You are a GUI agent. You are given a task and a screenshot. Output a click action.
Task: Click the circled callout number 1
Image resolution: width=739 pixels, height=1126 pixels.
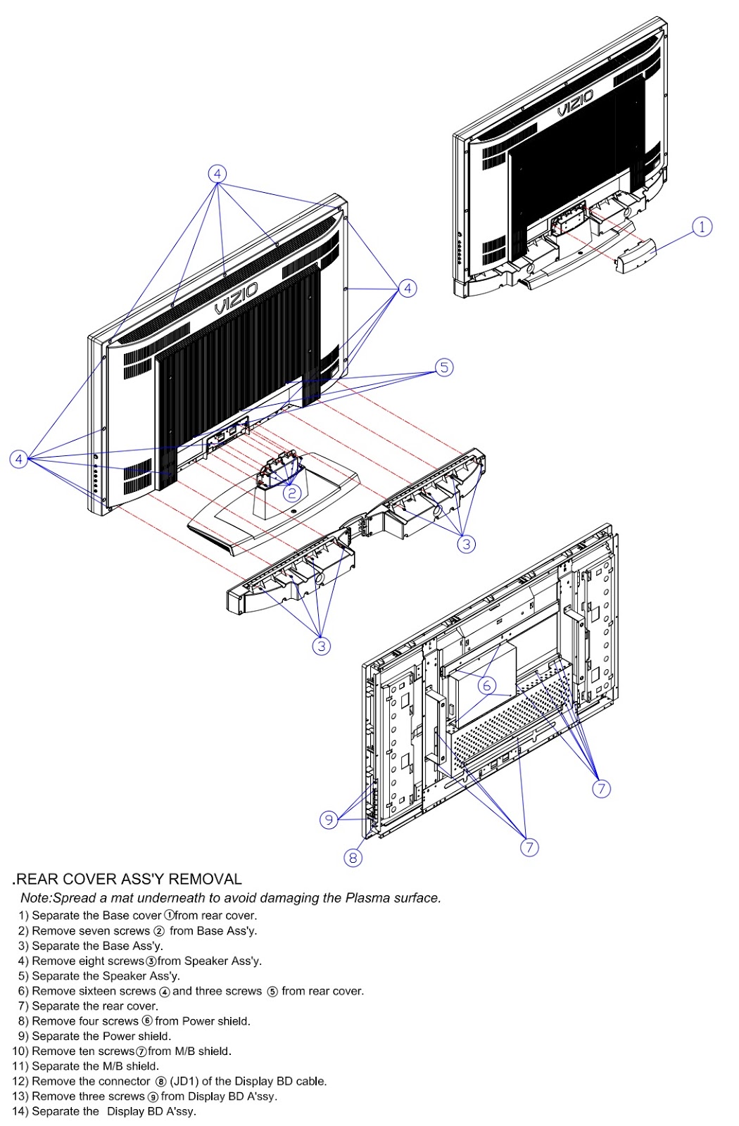click(702, 227)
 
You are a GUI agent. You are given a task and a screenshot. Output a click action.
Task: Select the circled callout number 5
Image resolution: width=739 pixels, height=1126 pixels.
click(443, 367)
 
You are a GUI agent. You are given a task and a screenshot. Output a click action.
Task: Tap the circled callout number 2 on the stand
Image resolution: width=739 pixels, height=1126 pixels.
click(292, 493)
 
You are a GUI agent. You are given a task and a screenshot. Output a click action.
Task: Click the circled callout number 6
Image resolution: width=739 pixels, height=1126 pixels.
click(486, 685)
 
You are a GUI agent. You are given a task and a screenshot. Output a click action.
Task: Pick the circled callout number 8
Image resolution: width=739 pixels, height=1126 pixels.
click(353, 856)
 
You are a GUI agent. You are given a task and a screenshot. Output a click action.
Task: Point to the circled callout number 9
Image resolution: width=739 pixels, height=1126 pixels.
click(329, 819)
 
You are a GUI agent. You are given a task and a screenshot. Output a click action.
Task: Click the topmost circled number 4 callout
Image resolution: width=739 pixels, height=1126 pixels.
click(217, 174)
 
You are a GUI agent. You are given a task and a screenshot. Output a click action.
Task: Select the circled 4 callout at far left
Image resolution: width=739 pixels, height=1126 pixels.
click(19, 459)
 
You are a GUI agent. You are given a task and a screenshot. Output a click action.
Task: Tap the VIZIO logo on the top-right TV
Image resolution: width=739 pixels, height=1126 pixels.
click(575, 103)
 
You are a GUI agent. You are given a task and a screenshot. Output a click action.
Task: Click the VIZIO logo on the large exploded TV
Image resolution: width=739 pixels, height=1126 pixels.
click(236, 298)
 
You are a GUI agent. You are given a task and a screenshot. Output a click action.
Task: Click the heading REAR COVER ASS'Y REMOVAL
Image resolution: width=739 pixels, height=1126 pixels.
click(129, 879)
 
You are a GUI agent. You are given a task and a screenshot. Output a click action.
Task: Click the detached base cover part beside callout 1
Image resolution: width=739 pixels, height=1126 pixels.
click(636, 256)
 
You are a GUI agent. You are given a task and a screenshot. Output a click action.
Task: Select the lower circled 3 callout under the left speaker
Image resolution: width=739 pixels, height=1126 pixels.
click(322, 645)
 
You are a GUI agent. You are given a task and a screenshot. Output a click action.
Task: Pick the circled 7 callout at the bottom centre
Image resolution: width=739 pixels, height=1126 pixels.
click(529, 847)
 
